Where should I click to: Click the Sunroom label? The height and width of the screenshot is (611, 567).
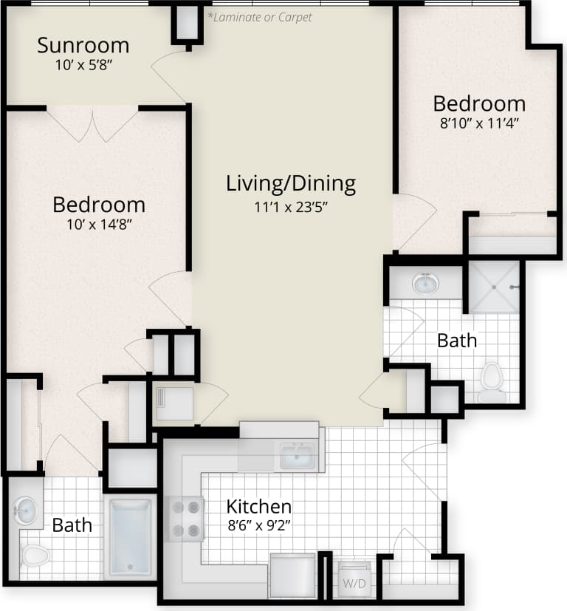point(83,45)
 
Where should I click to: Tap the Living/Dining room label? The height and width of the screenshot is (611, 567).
point(291,182)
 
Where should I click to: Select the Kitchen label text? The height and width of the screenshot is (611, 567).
point(258,507)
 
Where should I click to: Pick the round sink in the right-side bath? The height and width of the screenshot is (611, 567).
point(425,283)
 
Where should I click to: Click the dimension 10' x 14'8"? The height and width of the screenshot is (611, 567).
point(99,225)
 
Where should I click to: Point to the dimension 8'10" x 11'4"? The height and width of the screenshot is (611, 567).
point(480,123)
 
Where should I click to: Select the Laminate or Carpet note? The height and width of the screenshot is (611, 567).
point(260,16)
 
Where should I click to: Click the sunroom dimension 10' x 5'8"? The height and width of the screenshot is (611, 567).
point(83,64)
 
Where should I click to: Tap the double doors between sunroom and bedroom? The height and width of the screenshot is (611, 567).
point(93,123)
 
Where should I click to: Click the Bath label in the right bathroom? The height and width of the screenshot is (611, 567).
point(457,341)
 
